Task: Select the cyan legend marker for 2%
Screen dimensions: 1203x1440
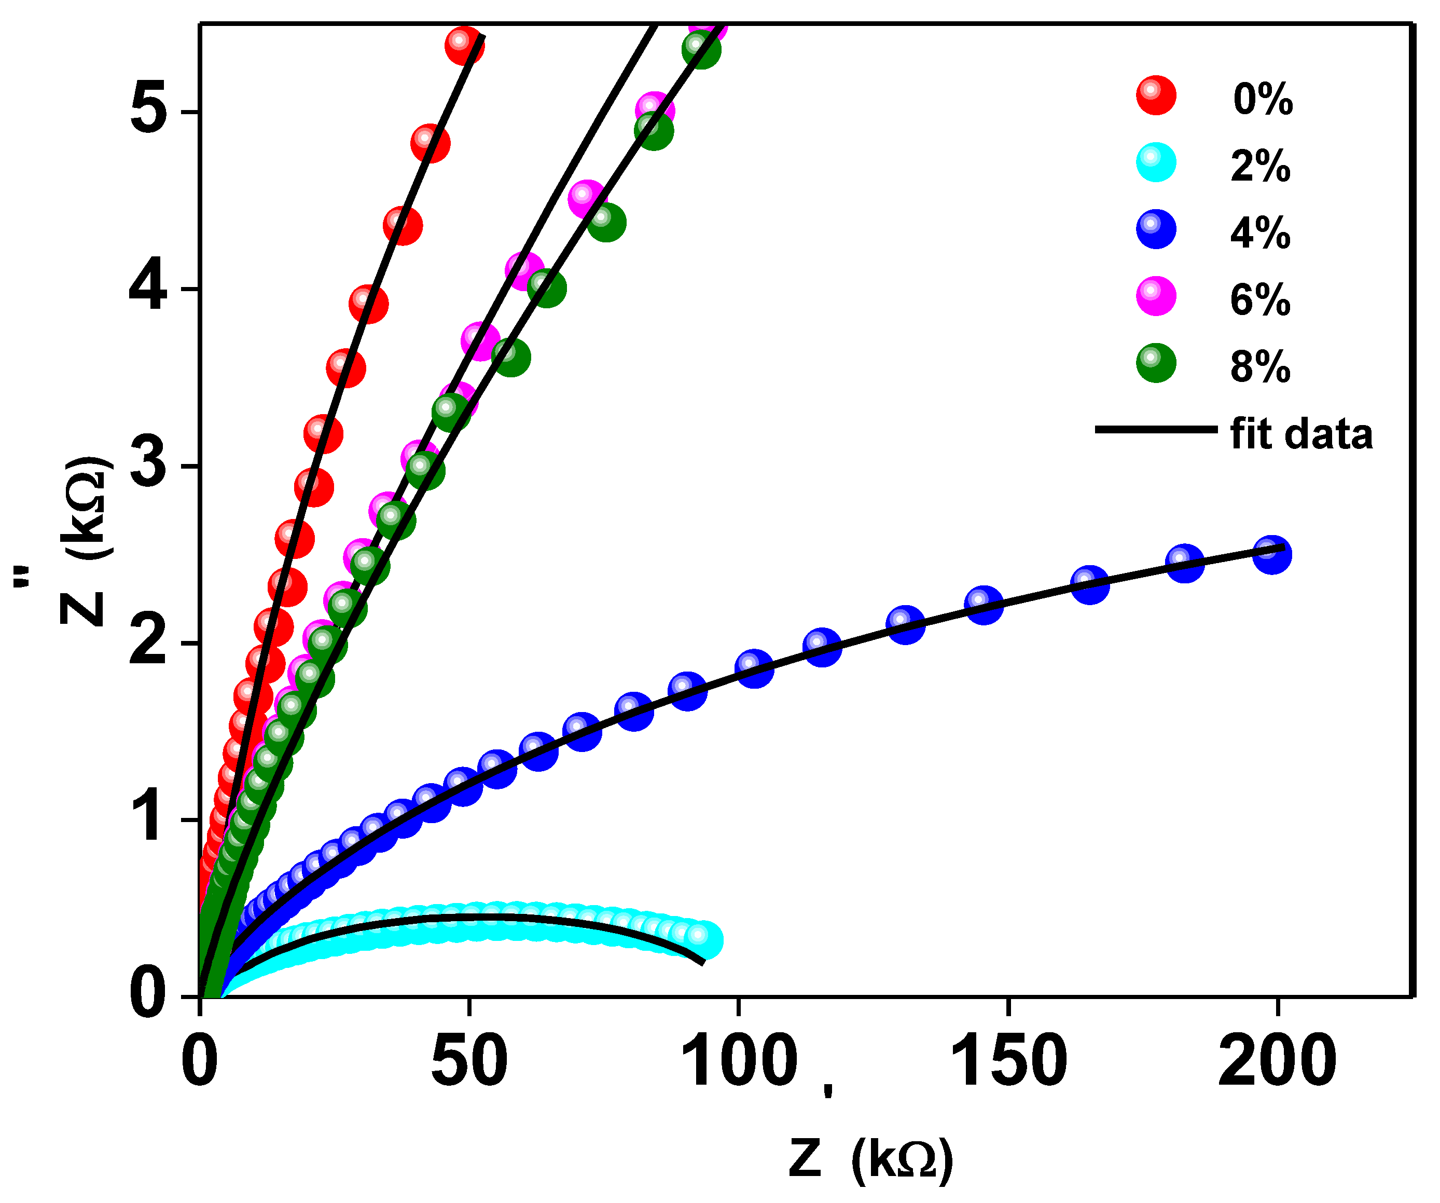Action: (x=1156, y=162)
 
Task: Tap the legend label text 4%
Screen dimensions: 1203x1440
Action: (x=1261, y=233)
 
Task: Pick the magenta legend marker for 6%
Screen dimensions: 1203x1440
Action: (x=1156, y=296)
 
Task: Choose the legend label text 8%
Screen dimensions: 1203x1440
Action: (x=1261, y=366)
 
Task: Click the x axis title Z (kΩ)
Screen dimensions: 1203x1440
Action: (x=871, y=1159)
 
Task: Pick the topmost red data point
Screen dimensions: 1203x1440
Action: (x=464, y=45)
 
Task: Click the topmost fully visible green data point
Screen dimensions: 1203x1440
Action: (x=701, y=49)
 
